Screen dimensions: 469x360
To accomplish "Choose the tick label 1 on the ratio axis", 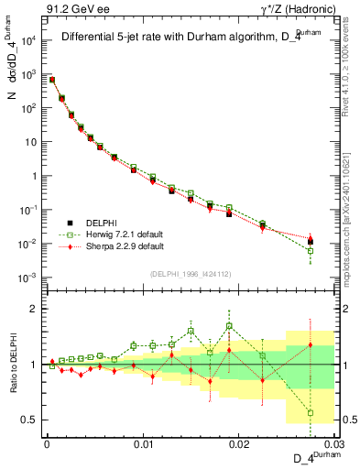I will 33,365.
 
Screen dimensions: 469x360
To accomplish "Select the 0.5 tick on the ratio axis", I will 29,420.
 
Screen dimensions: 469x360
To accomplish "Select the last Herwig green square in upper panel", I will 311,251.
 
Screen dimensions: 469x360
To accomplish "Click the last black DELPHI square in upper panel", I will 311,242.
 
